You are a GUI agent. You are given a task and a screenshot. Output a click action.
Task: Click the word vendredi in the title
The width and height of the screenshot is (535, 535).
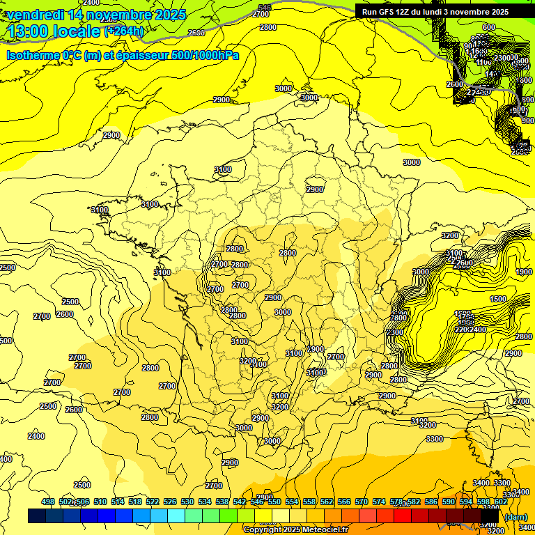(x=35, y=15)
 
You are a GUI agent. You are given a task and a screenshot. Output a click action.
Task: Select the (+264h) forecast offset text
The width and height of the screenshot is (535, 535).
(x=124, y=31)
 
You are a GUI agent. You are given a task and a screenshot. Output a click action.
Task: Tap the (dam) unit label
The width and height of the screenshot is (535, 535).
(x=515, y=516)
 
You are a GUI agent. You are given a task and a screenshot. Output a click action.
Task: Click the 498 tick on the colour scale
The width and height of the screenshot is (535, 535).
(x=48, y=502)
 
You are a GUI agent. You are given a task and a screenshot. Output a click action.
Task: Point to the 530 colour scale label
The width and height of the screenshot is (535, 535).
(x=187, y=502)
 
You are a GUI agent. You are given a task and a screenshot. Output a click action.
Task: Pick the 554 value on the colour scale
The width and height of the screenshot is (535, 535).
(x=292, y=502)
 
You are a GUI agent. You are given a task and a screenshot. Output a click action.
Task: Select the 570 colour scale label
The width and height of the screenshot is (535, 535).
(x=362, y=502)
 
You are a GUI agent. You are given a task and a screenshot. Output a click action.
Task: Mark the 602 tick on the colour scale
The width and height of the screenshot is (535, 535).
(x=500, y=502)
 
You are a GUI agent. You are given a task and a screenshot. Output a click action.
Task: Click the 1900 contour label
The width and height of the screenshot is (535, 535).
(x=525, y=272)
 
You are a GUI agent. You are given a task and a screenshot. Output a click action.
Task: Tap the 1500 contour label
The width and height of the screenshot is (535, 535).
(x=498, y=299)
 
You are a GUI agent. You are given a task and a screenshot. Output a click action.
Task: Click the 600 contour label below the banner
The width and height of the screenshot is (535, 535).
(x=488, y=27)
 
